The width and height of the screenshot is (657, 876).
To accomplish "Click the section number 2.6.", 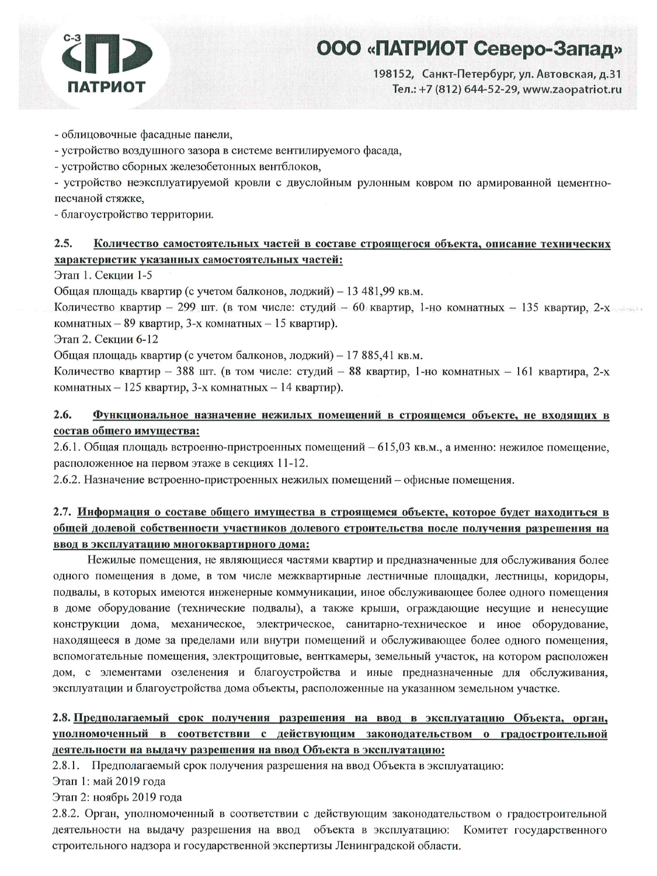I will click(x=61, y=416).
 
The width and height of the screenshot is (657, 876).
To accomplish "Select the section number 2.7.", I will click(x=61, y=513).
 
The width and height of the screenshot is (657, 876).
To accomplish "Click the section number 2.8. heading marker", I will click(x=62, y=718).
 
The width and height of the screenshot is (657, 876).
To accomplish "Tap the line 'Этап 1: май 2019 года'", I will click(x=109, y=781).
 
